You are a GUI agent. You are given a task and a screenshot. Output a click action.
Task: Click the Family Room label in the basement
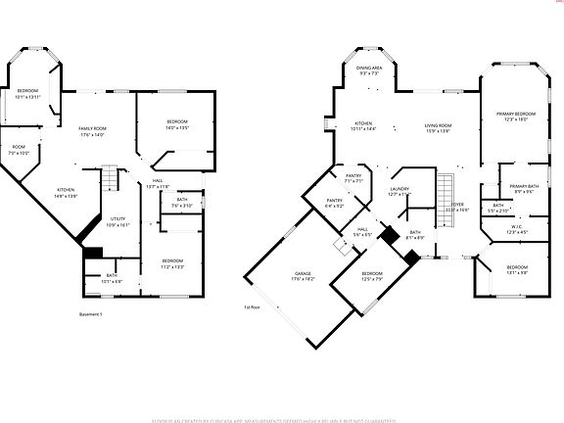coord(92,131)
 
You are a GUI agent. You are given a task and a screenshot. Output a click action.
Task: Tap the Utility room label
coord(117,221)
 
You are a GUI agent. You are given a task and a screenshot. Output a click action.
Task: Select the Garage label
coord(303,277)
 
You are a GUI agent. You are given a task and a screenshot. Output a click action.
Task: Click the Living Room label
coord(438,127)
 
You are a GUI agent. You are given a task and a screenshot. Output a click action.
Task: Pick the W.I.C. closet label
coord(518,230)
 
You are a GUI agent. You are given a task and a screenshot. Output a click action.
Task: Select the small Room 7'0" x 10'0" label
coord(19,150)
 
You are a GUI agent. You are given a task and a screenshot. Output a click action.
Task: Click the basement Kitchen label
coord(66,192)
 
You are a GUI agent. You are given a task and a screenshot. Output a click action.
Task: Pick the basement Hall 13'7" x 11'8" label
coord(158,183)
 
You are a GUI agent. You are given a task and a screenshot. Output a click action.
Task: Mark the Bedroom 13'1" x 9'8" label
coord(517,270)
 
